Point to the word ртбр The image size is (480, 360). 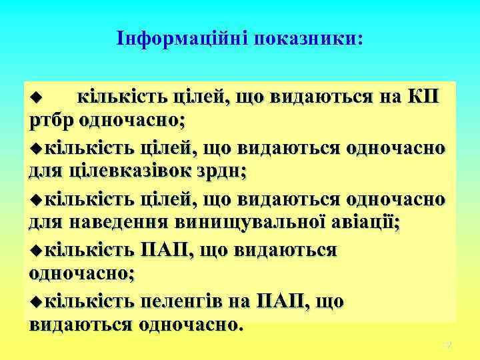point(51,122)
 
